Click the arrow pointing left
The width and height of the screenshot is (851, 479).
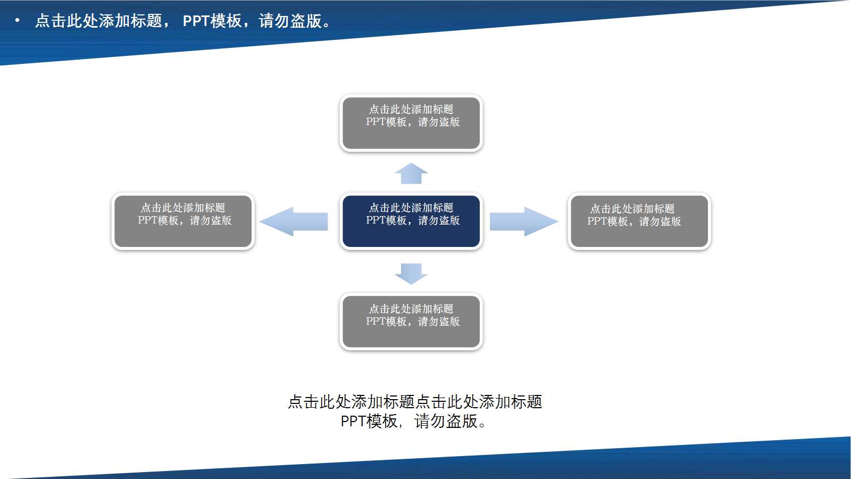(294, 221)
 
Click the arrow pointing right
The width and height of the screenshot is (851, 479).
(523, 221)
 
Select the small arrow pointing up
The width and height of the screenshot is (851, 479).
(411, 174)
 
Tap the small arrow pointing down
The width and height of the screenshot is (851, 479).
(411, 273)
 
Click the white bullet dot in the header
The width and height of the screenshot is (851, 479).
(18, 21)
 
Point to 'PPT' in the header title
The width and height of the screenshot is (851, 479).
(196, 21)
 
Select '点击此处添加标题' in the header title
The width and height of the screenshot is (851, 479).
(98, 21)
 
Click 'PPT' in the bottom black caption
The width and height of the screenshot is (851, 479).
(353, 422)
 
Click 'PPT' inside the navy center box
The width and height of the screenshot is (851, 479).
(376, 220)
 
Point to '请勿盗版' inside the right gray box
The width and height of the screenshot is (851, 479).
(660, 221)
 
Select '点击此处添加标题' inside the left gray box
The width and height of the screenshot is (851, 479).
(183, 208)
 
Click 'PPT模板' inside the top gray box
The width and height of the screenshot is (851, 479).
(386, 122)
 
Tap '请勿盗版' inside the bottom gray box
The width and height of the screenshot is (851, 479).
(439, 321)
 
